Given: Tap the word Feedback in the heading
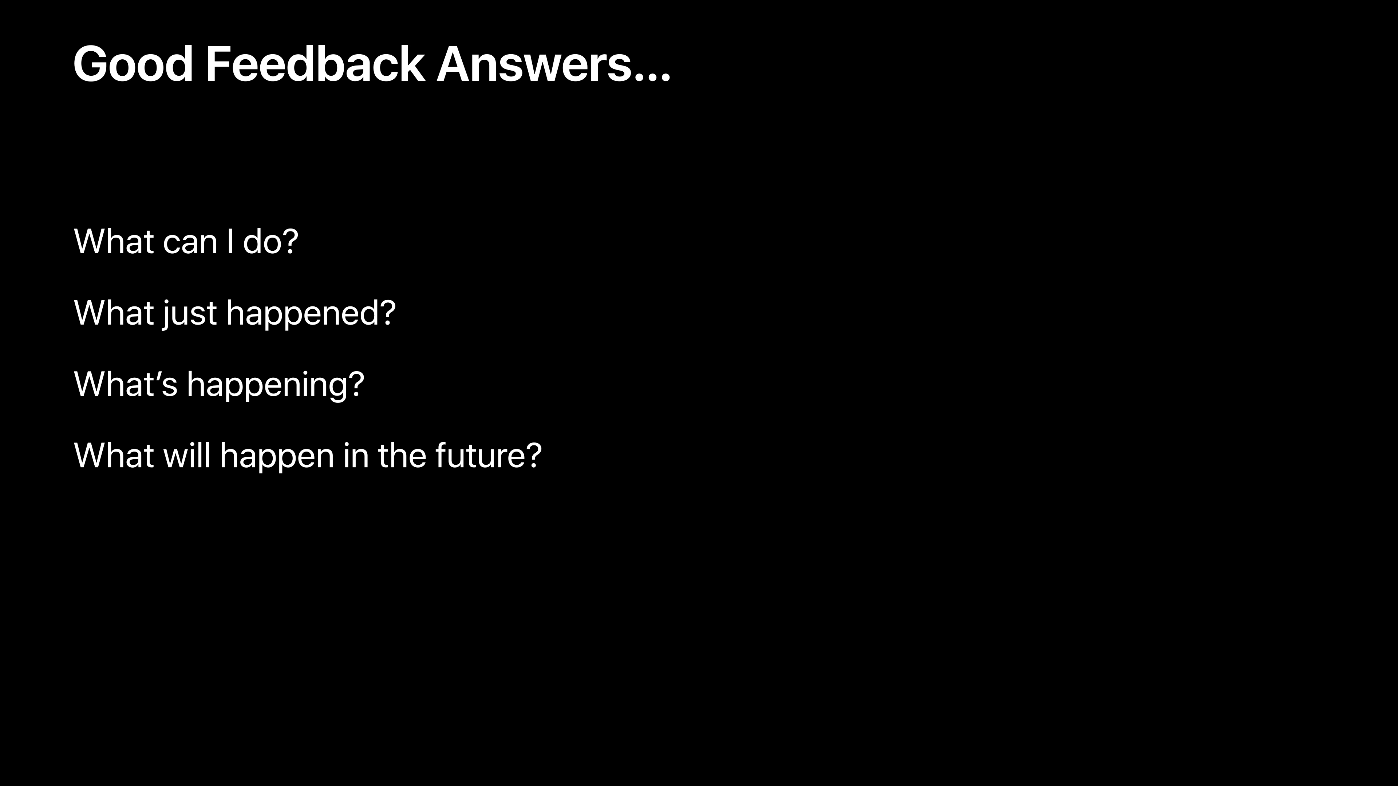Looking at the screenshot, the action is point(315,64).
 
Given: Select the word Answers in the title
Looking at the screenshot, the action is point(534,64).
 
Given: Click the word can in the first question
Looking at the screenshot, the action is point(190,242).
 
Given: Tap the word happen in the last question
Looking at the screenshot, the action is point(277,457).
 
